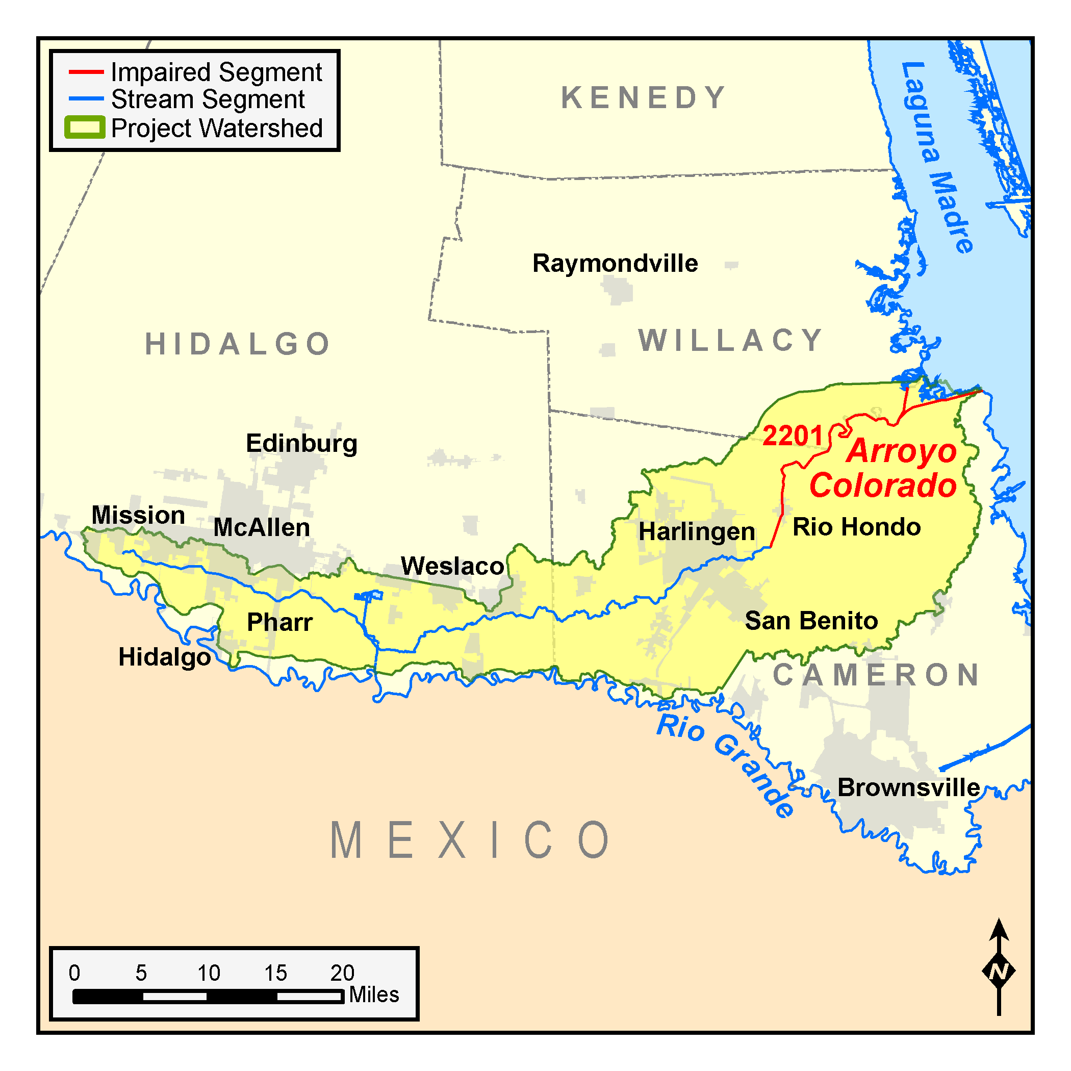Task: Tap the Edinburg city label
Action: [301, 444]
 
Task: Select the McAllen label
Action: [262, 528]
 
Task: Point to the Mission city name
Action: [138, 515]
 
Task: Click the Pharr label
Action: [279, 622]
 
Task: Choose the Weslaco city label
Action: [452, 566]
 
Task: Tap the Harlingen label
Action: [697, 531]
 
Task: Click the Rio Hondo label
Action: [856, 527]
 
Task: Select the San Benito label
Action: [811, 621]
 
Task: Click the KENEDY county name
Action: [643, 98]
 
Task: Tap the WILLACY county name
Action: [731, 340]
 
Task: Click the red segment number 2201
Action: [793, 436]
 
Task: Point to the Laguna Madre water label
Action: [937, 158]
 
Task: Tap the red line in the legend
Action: [86, 72]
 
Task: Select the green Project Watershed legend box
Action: [85, 127]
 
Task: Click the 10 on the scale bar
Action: [209, 973]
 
